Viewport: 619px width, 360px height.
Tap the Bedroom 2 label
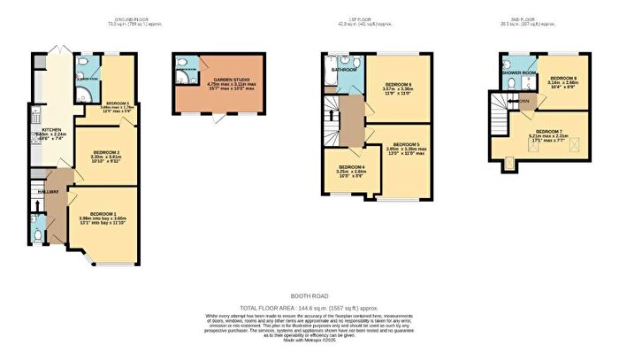click(105, 153)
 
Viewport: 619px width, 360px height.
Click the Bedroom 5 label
click(406, 144)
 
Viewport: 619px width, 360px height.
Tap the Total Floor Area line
click(309, 309)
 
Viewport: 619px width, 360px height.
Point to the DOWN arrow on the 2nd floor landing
click(523, 100)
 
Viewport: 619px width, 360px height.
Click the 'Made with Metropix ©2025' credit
click(309, 341)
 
